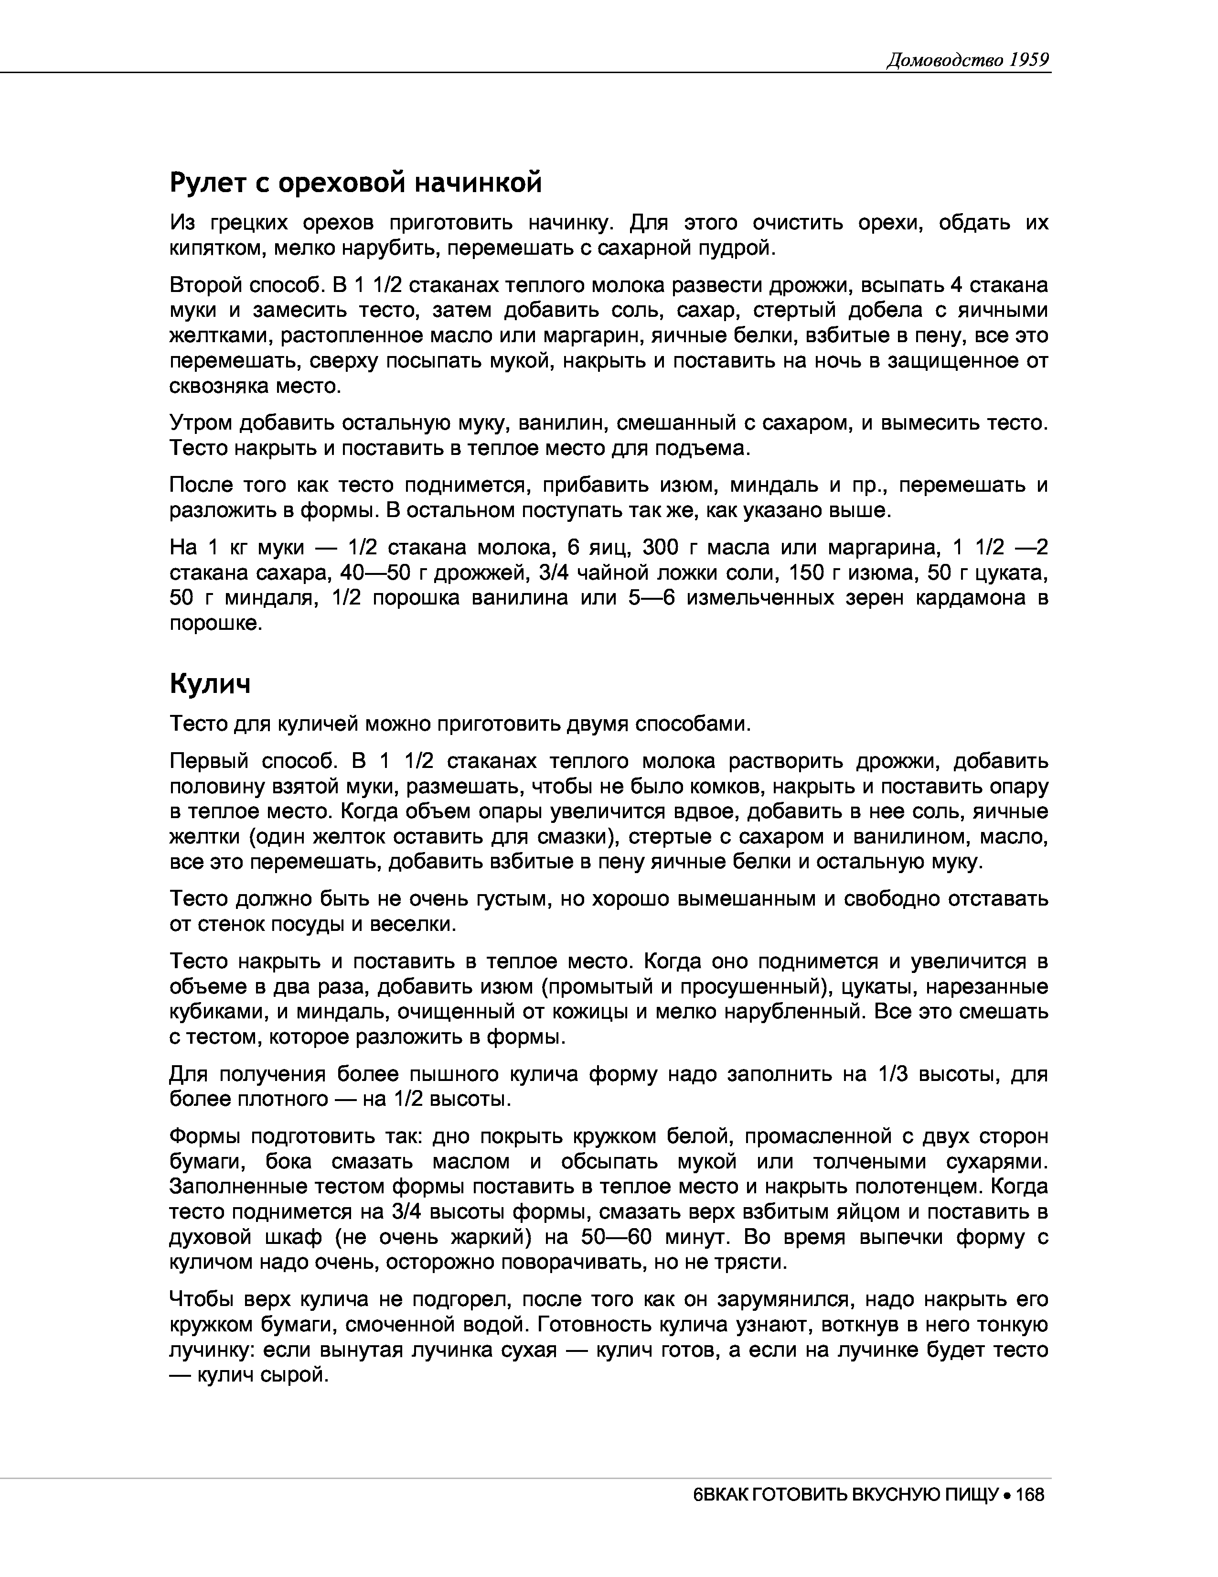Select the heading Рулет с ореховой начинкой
(355, 183)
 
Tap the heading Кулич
(210, 683)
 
